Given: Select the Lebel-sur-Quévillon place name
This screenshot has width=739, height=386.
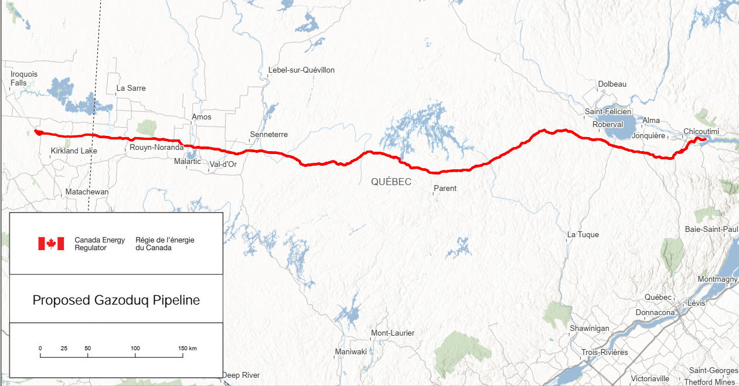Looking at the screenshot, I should (301, 70).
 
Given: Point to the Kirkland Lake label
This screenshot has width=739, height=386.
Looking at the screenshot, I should (74, 151).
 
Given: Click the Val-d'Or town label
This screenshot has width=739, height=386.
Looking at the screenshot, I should (223, 165).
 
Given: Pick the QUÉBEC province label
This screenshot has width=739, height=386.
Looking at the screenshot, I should (391, 182).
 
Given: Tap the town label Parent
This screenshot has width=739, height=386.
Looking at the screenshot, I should (445, 189).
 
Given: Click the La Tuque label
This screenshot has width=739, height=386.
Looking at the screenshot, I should (583, 235).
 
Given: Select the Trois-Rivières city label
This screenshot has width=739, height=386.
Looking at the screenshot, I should (604, 353).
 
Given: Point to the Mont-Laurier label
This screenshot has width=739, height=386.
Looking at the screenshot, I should (393, 333).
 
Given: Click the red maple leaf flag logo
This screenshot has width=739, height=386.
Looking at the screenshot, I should (51, 244).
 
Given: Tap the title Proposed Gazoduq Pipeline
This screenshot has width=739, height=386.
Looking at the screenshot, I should (116, 300).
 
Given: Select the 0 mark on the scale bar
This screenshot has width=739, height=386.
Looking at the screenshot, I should (40, 349).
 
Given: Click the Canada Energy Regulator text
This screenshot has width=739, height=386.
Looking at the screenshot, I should (99, 244).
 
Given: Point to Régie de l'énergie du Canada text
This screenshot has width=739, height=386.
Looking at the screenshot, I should (165, 244).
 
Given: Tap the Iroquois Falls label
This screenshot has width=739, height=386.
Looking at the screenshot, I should (23, 78).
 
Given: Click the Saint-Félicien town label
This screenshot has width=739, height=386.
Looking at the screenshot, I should (608, 112).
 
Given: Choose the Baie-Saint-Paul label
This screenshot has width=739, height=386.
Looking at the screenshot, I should (711, 230).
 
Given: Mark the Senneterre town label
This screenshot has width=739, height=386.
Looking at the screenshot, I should (268, 135).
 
